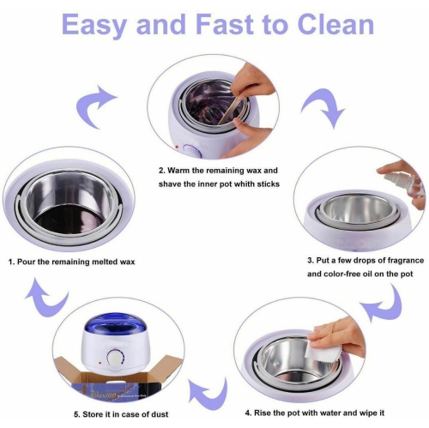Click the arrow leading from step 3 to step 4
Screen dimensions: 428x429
pos(384,298)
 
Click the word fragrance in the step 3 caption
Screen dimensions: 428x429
pos(394,259)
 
